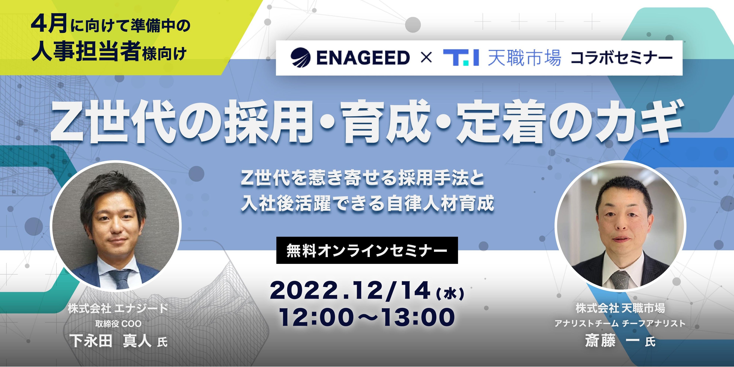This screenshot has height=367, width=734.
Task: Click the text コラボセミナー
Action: pos(622,58)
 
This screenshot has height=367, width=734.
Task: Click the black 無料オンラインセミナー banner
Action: pos(367,250)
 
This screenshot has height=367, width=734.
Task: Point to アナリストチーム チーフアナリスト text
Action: pos(620,323)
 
